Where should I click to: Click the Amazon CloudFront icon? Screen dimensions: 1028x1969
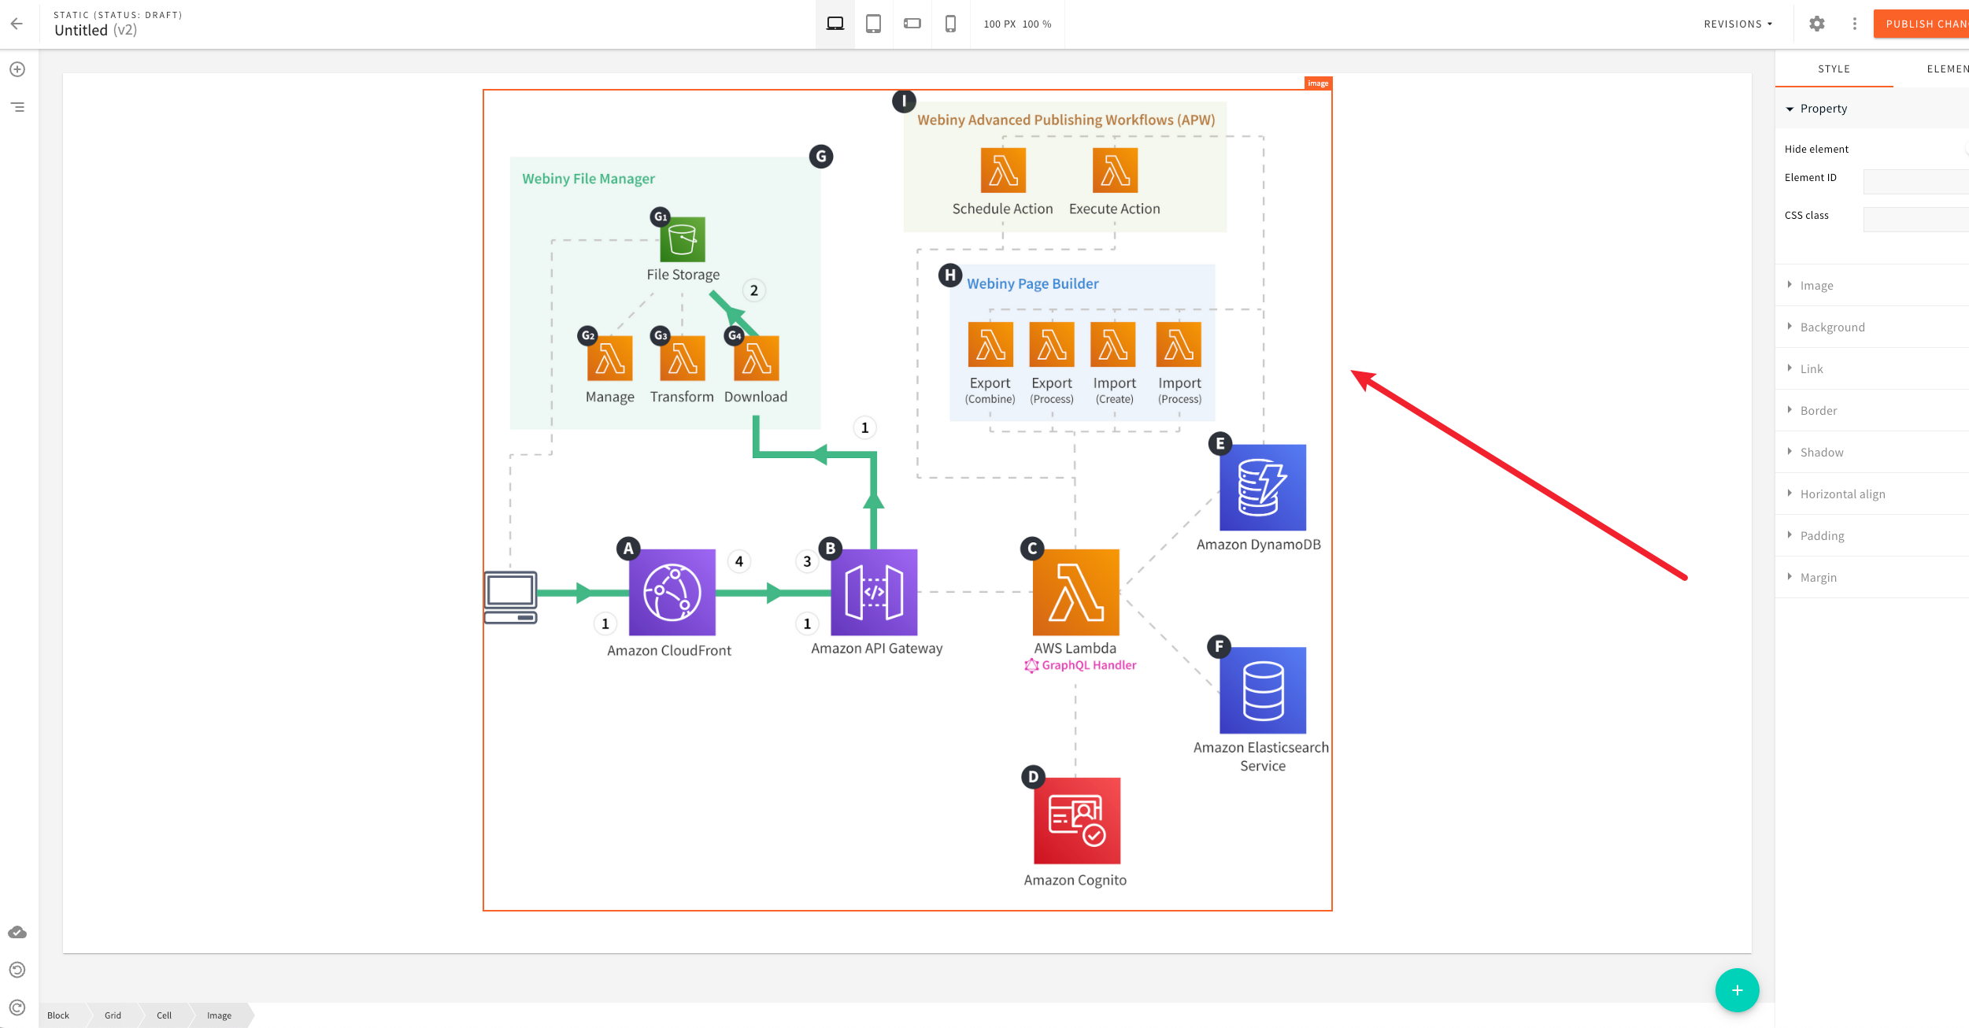click(672, 592)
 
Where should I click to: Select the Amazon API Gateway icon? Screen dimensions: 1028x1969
click(874, 592)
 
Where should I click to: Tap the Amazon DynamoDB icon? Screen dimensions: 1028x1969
click(1262, 487)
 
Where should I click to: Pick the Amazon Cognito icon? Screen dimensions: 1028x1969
click(1076, 820)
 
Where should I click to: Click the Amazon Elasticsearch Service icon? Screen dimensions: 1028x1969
click(1262, 690)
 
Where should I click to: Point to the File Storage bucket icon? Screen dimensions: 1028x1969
click(682, 239)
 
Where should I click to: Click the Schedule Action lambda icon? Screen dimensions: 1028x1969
click(1003, 170)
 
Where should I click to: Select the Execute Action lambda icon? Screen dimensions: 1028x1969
click(1115, 170)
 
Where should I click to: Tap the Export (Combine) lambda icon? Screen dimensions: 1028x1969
click(990, 344)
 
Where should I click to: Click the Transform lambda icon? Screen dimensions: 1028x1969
click(683, 358)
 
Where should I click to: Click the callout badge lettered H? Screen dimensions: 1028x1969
click(950, 275)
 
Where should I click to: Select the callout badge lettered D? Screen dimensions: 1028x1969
click(1033, 777)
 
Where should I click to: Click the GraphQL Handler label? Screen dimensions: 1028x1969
click(1088, 665)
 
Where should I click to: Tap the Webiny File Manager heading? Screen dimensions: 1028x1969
click(588, 179)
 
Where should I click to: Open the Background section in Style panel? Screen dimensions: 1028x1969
click(1832, 327)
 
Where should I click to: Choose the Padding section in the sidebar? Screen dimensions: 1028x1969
click(1822, 535)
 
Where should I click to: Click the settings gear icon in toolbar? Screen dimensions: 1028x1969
click(1816, 24)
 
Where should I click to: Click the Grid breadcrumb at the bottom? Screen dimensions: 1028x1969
click(113, 1015)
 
